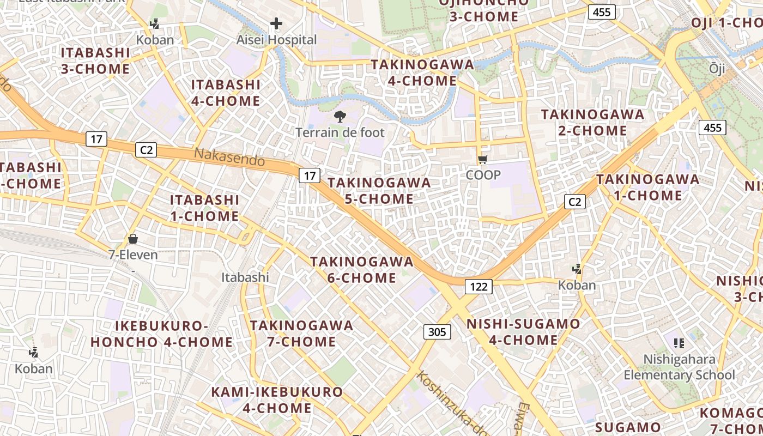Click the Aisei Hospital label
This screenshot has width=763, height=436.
point(276,40)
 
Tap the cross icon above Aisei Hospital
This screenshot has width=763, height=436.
point(276,23)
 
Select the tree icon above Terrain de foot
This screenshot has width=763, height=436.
point(340,116)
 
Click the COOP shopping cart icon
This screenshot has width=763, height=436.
point(482,159)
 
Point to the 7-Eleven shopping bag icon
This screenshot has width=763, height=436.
point(132,239)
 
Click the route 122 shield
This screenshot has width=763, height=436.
point(479,286)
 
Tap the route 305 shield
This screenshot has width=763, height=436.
point(437,331)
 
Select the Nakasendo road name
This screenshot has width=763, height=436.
point(229,157)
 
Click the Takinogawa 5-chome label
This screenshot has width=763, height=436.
point(379,190)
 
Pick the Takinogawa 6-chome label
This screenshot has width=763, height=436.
point(362,270)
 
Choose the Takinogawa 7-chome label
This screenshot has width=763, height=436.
point(301,334)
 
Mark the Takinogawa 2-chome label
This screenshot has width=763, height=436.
point(592,123)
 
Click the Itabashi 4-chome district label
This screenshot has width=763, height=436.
point(226,93)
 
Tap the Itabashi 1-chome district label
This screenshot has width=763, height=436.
point(204,208)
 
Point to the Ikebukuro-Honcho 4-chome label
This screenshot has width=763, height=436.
point(162,334)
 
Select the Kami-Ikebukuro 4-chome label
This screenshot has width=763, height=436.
point(277,399)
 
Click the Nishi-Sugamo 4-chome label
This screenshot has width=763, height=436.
point(523,332)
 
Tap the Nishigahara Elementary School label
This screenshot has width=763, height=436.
point(679,367)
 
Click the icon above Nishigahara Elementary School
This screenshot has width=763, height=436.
point(679,343)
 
